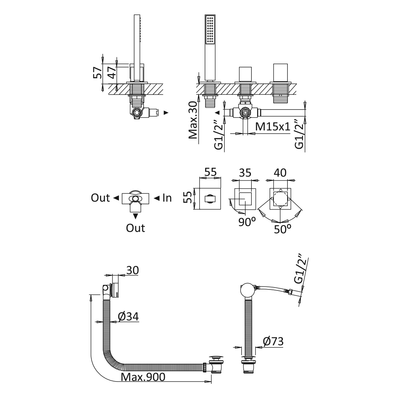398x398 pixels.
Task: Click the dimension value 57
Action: (x=97, y=72)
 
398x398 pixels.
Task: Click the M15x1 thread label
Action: (x=273, y=127)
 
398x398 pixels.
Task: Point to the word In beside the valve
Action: (x=167, y=198)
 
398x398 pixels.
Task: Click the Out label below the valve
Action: (x=135, y=228)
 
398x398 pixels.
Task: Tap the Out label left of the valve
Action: (x=100, y=198)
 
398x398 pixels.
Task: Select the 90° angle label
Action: (x=246, y=222)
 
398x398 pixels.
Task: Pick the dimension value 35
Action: (x=245, y=173)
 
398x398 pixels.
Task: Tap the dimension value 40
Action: (x=280, y=173)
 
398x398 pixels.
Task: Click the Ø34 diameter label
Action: (x=128, y=316)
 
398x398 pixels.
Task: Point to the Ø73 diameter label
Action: (x=273, y=342)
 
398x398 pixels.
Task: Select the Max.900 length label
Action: (x=144, y=377)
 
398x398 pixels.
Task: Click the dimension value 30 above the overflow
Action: (x=132, y=270)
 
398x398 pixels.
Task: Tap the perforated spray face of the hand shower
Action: (x=210, y=30)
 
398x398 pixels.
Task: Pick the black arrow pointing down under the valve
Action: (x=135, y=216)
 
